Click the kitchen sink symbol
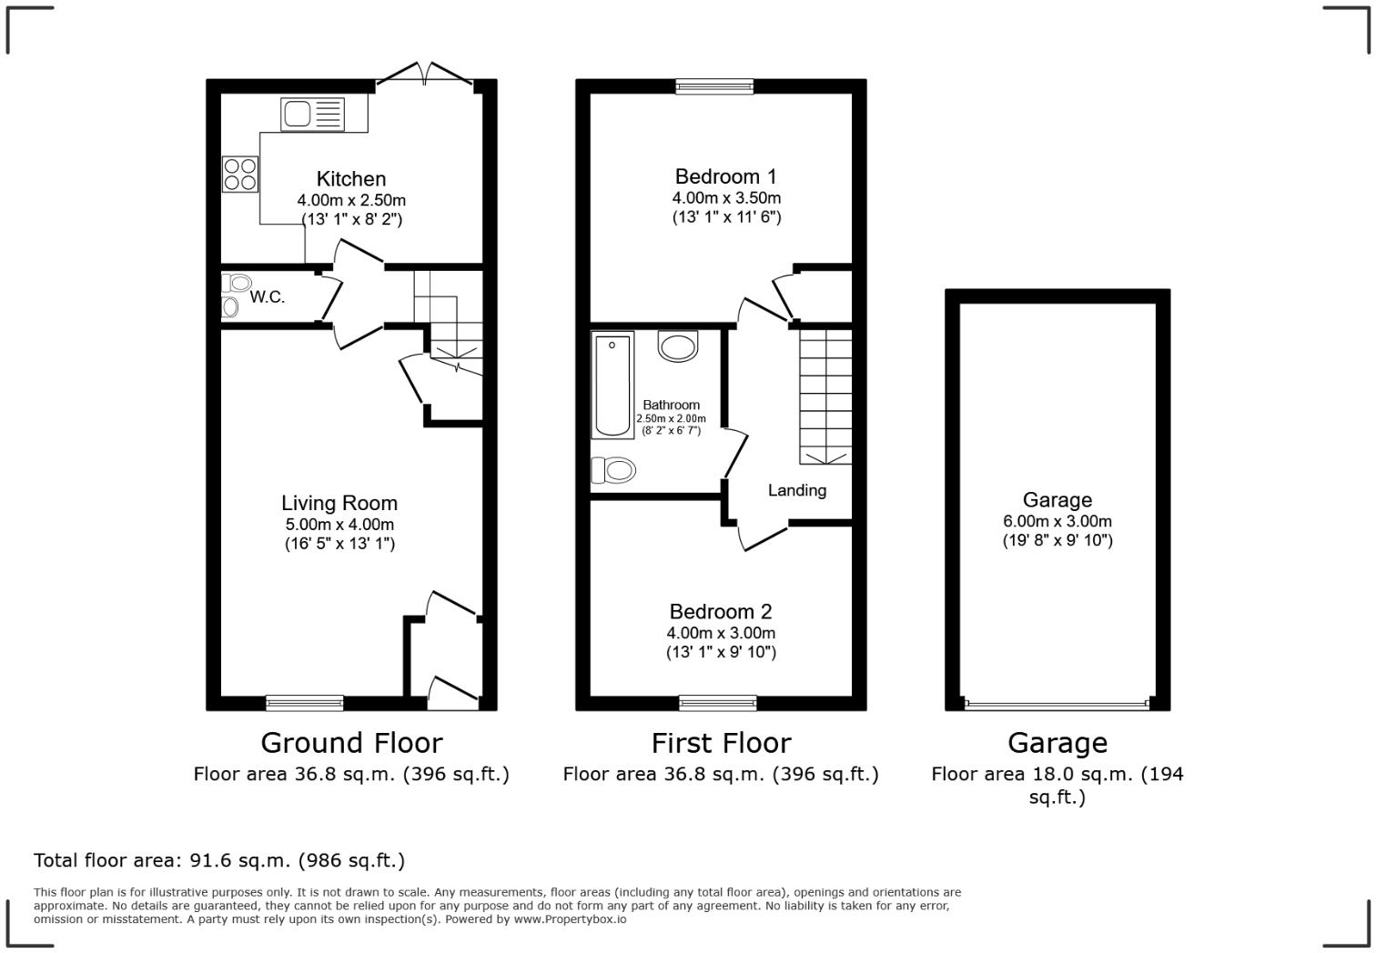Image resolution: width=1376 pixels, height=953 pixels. pos(313,115)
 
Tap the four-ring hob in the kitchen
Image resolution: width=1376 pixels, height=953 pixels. pos(240,174)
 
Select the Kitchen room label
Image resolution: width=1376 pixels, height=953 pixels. pos(351,179)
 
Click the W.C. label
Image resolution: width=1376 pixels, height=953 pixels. pos(268,297)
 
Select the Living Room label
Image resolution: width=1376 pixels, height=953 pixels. pos(339,503)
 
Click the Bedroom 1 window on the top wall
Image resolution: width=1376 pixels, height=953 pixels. pos(714,86)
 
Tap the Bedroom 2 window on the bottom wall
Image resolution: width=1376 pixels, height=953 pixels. pos(718,702)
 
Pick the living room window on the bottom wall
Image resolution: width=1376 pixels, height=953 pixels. pos(305,702)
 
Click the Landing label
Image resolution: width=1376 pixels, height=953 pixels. pos(797,491)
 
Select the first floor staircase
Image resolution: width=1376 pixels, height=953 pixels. pos(825,396)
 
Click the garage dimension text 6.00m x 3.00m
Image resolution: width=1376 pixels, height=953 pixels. pos(1057,522)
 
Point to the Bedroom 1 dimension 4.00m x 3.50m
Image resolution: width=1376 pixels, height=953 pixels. pos(726,197)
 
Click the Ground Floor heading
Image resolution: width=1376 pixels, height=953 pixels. pos(351,743)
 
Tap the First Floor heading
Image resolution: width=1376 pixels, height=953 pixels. pos(721,743)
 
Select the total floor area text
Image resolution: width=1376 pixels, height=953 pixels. pos(219,860)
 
